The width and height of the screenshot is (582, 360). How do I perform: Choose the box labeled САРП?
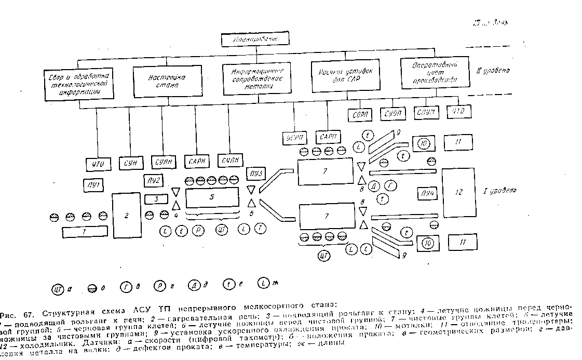click(328, 137)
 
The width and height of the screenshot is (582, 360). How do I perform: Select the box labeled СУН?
click(130, 163)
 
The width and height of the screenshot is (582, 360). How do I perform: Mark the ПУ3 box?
click(255, 173)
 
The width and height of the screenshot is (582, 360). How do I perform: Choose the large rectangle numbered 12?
click(458, 192)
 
